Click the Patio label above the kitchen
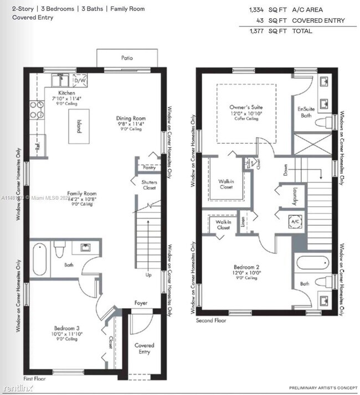127,58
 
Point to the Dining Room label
131,118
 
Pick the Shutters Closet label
149,185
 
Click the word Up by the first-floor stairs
148,274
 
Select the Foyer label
141,303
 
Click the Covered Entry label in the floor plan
145,349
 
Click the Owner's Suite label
246,107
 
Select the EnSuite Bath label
306,112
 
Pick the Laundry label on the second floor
293,195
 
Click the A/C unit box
295,222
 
